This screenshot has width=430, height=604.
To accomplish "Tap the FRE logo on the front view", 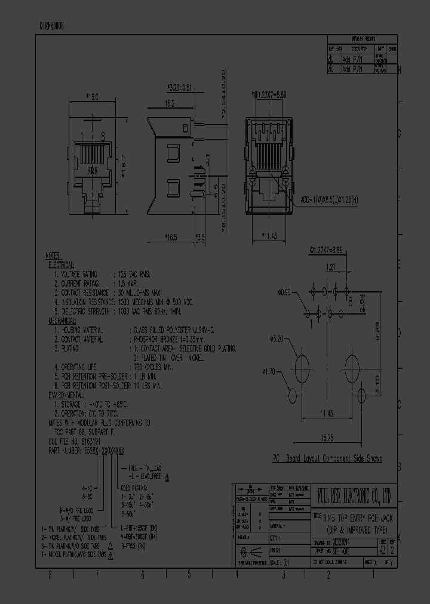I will (x=92, y=170).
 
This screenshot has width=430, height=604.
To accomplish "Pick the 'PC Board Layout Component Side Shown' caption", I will (x=327, y=458).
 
